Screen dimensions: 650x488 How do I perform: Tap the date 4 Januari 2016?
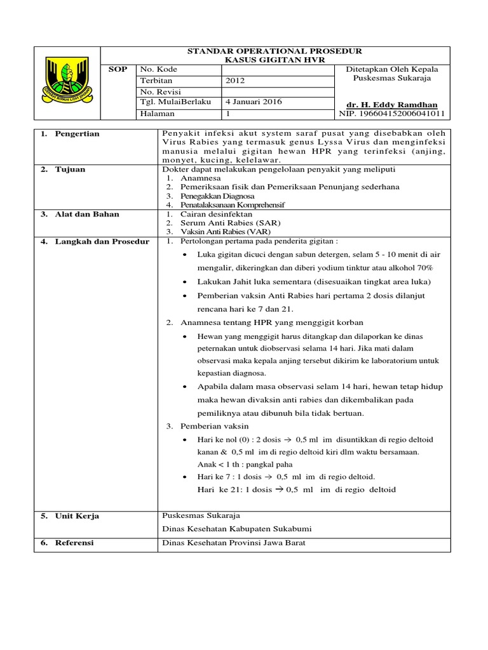(x=254, y=102)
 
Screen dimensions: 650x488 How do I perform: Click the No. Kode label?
(x=159, y=69)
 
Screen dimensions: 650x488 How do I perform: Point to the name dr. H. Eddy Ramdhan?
(x=392, y=105)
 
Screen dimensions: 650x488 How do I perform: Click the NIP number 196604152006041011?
(x=392, y=114)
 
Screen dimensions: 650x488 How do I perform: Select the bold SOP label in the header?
(x=118, y=69)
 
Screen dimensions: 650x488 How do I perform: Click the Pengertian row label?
(x=78, y=134)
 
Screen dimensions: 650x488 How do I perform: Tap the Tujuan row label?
(x=71, y=169)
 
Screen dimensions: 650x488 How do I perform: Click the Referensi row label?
(x=74, y=543)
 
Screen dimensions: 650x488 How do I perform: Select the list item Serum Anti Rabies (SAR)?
(x=222, y=223)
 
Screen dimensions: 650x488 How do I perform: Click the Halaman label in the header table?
(x=158, y=113)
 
